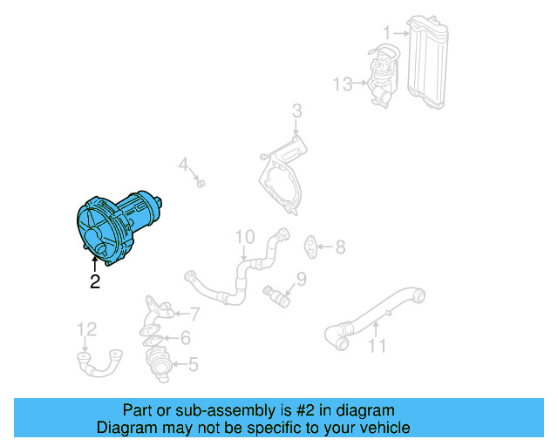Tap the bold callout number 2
click(x=94, y=281)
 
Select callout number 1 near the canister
click(x=386, y=32)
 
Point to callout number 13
click(x=343, y=84)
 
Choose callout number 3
click(x=296, y=111)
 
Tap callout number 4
click(x=184, y=164)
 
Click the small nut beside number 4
click(x=200, y=183)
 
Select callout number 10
click(x=244, y=236)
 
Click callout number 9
click(x=302, y=279)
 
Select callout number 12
click(x=87, y=329)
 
